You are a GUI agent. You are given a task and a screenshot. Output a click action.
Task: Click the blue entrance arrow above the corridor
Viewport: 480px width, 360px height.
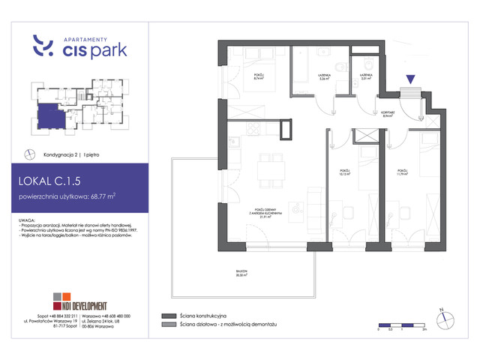point(410,78)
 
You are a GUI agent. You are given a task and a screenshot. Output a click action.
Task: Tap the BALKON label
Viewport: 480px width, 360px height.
point(243,274)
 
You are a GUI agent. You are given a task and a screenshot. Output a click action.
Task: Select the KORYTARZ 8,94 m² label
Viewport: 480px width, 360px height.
point(388,115)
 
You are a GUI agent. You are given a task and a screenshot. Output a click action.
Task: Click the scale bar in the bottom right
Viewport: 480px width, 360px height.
point(402,325)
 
